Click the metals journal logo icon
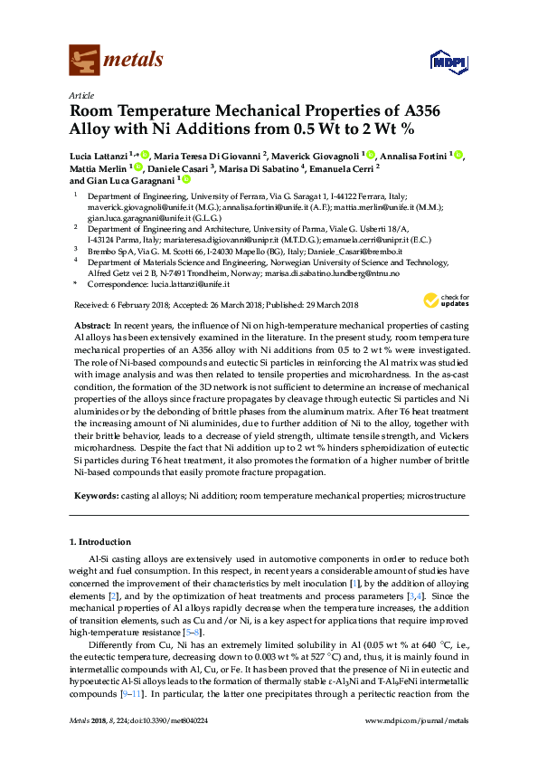(84, 61)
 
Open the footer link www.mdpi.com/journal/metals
(420, 745)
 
